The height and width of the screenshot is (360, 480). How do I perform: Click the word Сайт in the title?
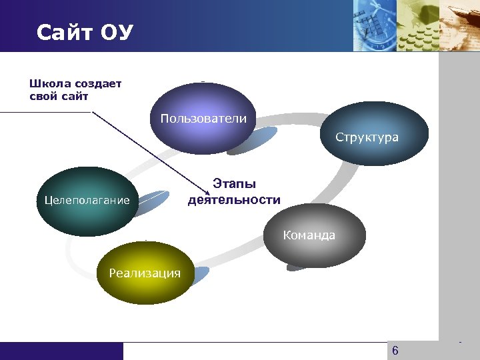tap(63, 32)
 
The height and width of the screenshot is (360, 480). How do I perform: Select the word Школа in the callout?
tap(48, 84)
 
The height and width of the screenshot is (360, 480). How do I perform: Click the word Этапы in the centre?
tap(234, 185)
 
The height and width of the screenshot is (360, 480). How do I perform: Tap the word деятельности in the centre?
tap(234, 199)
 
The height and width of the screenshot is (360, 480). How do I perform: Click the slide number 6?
tap(395, 351)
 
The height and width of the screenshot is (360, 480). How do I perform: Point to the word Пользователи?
tap(203, 119)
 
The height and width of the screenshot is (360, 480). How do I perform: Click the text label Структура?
tap(367, 137)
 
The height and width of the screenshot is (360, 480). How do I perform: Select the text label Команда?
tap(309, 235)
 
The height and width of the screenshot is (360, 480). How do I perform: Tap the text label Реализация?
tap(145, 273)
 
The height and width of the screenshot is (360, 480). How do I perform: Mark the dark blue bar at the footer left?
tap(61, 351)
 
